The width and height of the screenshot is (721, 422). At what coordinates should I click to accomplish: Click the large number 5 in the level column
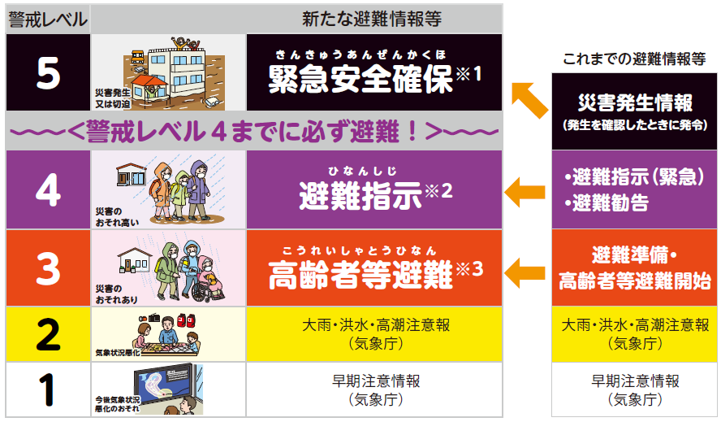pos(48,73)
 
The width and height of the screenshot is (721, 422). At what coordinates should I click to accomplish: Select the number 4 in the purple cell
pos(48,190)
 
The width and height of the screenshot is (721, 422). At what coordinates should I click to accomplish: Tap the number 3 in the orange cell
pos(48,267)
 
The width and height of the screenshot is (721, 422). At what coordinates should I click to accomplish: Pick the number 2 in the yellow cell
pos(48,333)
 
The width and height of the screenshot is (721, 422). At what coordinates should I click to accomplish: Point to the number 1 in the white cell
pos(48,389)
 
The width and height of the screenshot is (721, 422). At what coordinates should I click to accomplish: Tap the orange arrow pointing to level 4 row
pos(525,192)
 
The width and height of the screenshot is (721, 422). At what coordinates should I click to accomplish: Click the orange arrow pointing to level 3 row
pos(525,268)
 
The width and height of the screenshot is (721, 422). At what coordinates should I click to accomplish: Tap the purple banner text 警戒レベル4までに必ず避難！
pos(253,130)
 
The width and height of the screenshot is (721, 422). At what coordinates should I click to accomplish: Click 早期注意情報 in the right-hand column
pos(635,381)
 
